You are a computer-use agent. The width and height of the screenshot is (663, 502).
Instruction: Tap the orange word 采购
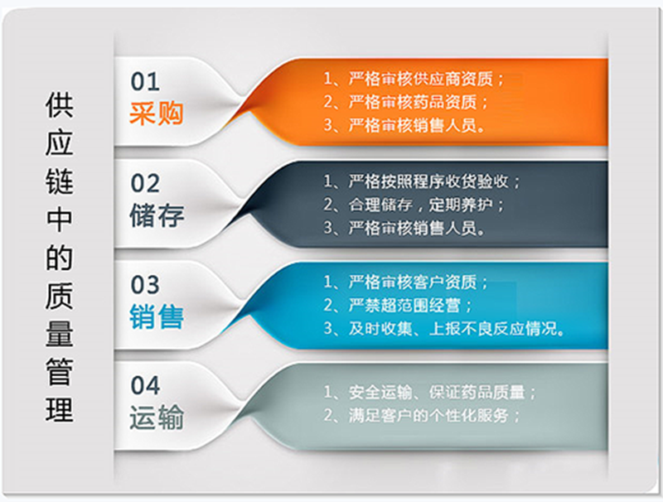(156, 113)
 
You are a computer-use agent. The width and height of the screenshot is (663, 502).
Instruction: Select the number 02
(145, 183)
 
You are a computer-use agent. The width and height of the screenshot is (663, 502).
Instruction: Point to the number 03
(145, 285)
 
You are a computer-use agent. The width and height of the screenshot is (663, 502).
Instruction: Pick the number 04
(145, 386)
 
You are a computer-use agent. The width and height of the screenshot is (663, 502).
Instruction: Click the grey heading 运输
(157, 418)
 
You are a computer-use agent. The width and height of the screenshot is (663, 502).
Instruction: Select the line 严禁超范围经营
(401, 305)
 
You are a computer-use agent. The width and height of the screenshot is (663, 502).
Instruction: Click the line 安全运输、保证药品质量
(431, 392)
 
